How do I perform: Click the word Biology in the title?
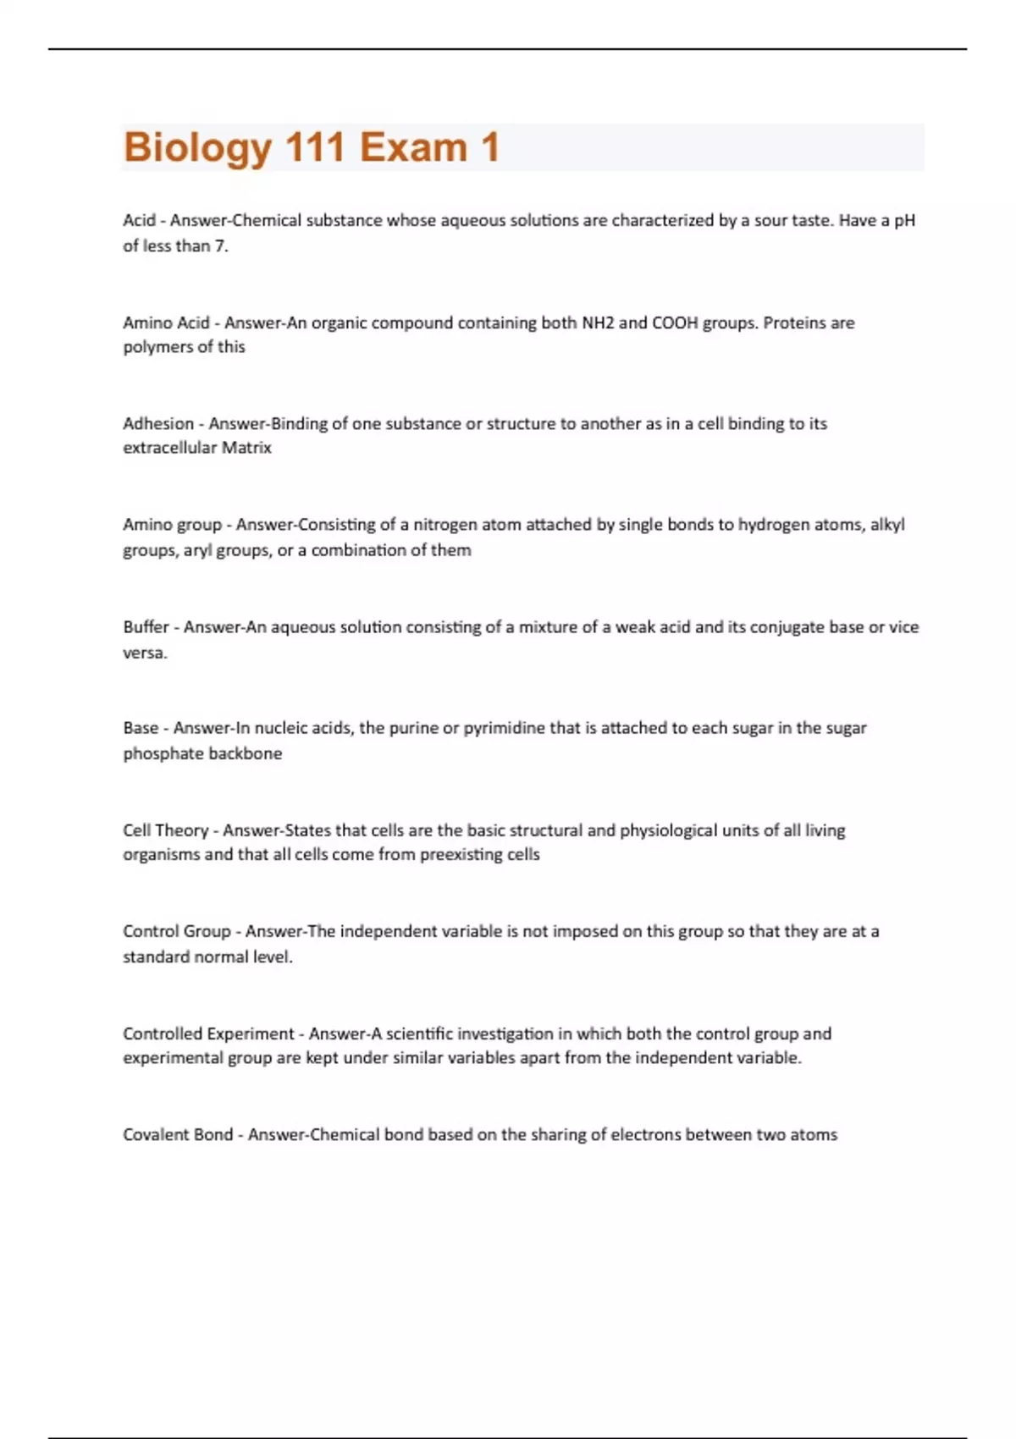[x=197, y=147]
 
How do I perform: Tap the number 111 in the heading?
[x=315, y=147]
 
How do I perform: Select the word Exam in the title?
[x=413, y=147]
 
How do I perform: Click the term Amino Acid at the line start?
[x=166, y=323]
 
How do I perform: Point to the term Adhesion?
[x=158, y=423]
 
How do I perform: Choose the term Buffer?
[x=146, y=627]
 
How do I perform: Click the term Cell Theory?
[x=166, y=830]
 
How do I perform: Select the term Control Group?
[x=177, y=931]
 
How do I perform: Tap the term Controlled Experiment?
[x=208, y=1034]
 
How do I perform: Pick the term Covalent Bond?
[x=178, y=1134]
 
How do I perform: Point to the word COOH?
[x=675, y=323]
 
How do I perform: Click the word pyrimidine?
[x=505, y=728]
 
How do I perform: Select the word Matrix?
[x=246, y=448]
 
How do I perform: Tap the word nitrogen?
[x=445, y=525]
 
